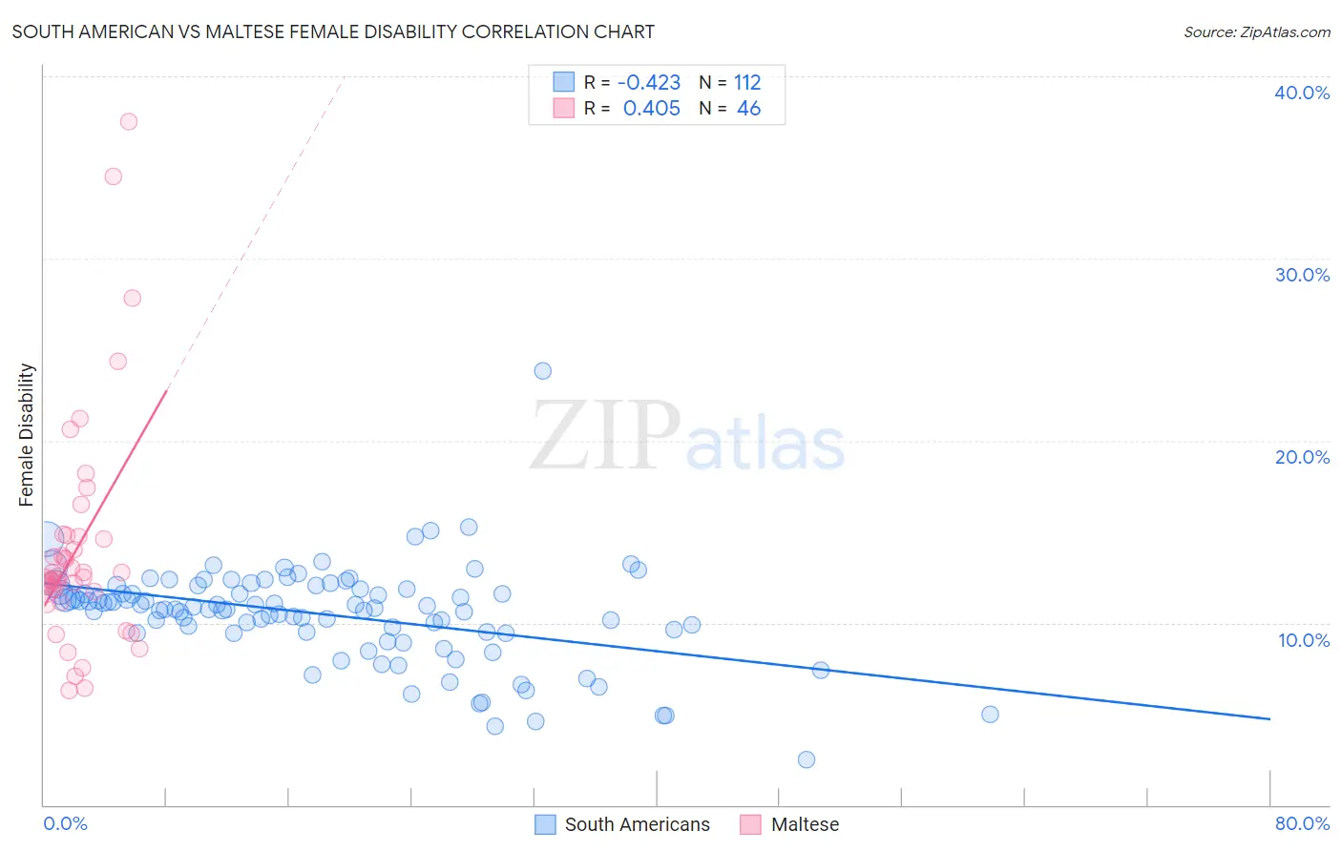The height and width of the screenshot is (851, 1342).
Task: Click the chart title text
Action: pyautogui.click(x=333, y=31)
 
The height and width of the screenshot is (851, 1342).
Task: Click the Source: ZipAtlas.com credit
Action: pyautogui.click(x=1256, y=31)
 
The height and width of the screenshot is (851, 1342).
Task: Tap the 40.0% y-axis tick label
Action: pyautogui.click(x=1301, y=93)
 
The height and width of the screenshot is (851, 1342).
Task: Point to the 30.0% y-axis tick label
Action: pyautogui.click(x=1301, y=275)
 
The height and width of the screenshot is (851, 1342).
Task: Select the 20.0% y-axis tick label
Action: pyautogui.click(x=1301, y=457)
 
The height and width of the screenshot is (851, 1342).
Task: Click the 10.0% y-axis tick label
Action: pyautogui.click(x=1303, y=640)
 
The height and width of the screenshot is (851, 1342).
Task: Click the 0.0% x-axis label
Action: pyautogui.click(x=65, y=823)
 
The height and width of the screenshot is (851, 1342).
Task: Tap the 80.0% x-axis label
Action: pyautogui.click(x=1302, y=823)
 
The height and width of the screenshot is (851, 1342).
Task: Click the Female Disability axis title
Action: pyautogui.click(x=27, y=435)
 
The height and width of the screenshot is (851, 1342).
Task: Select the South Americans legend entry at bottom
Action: pyautogui.click(x=637, y=824)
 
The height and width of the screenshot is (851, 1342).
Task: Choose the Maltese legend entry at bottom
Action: pyautogui.click(x=805, y=824)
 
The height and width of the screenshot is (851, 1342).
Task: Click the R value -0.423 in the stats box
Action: pyautogui.click(x=649, y=83)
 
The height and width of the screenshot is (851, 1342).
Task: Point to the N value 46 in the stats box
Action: pyautogui.click(x=748, y=109)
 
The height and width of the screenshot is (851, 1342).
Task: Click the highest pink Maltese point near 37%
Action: pyautogui.click(x=129, y=121)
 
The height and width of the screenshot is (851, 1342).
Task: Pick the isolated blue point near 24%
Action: pyautogui.click(x=542, y=370)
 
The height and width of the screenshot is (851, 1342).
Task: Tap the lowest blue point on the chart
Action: pyautogui.click(x=807, y=759)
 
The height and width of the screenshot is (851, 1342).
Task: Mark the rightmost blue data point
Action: pyautogui.click(x=990, y=715)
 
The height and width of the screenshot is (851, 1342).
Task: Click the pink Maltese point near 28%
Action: pyautogui.click(x=133, y=298)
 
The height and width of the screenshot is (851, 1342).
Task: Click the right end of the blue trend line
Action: pyautogui.click(x=1269, y=718)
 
